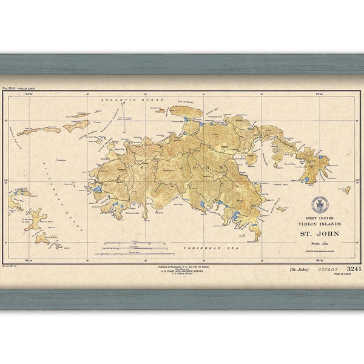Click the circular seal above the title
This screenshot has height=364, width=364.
pos(320,205)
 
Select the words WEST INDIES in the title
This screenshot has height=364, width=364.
pos(319,218)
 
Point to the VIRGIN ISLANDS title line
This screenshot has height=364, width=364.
pos(320,225)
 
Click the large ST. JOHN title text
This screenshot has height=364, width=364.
pos(320,234)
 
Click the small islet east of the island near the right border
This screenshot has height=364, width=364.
pos(346,189)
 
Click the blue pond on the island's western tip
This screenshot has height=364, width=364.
pos(97,189)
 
